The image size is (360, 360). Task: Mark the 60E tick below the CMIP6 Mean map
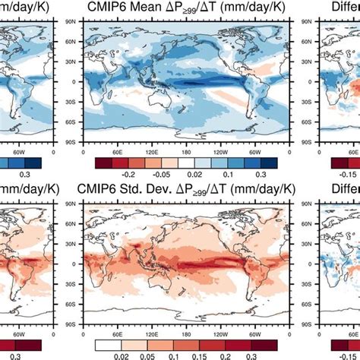(117, 150)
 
